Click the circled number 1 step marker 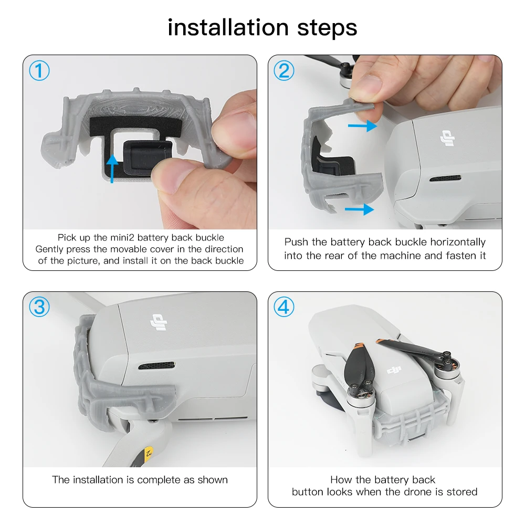coord(39,71)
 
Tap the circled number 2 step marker coord(284,71)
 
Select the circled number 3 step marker coord(39,307)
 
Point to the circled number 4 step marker coord(284,307)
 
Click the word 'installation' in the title coord(228,27)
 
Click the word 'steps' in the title coord(327,29)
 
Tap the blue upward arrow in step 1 coord(112,169)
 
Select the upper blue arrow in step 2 coord(363,126)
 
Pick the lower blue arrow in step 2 coord(359,209)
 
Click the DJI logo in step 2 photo coord(448,138)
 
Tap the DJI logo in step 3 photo coord(159,322)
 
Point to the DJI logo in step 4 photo coord(394,370)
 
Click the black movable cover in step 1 coord(148,157)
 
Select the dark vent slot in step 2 coord(445,178)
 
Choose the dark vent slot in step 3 coord(156,365)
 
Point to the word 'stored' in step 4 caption coord(461,492)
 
